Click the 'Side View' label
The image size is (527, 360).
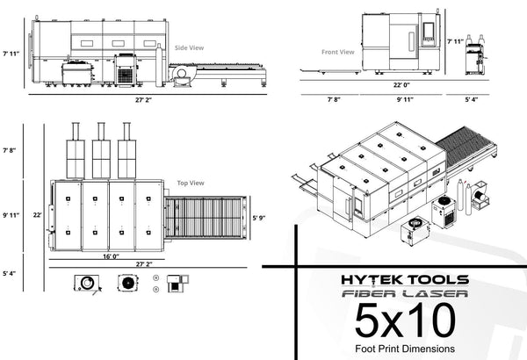click(x=189, y=47)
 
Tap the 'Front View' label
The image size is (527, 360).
click(x=338, y=52)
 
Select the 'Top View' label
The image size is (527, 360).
click(x=191, y=183)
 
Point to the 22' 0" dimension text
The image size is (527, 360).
click(x=401, y=85)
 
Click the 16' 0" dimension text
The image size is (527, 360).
click(x=111, y=256)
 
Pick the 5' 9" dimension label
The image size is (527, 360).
click(x=259, y=218)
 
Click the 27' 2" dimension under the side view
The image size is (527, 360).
click(x=143, y=100)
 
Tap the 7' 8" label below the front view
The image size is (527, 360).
click(x=334, y=99)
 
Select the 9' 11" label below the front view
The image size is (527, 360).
click(x=405, y=99)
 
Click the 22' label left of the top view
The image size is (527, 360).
click(x=37, y=215)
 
